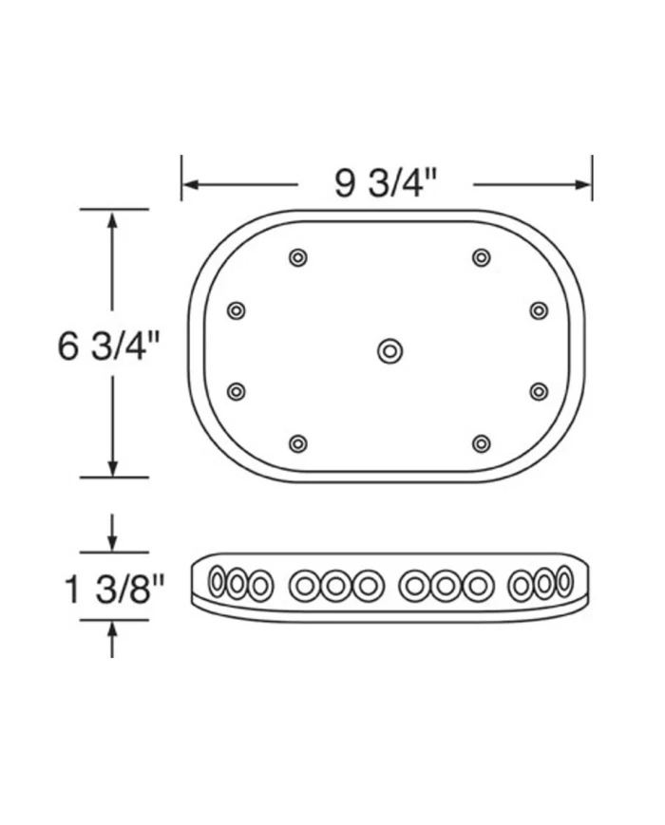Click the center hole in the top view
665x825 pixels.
pyautogui.click(x=389, y=351)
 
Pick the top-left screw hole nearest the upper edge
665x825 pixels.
pyautogui.click(x=298, y=257)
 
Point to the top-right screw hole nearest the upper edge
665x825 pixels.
pyautogui.click(x=482, y=257)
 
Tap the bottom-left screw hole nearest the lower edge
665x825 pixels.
pyautogui.click(x=298, y=443)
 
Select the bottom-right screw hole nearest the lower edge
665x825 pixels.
pyautogui.click(x=482, y=443)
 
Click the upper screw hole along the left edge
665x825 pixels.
pyautogui.click(x=237, y=310)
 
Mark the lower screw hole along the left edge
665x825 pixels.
pyautogui.click(x=237, y=391)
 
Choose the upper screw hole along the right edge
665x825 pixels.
pyautogui.click(x=539, y=310)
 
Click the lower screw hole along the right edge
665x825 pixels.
pyautogui.click(x=539, y=391)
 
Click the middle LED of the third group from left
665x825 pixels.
pyautogui.click(x=444, y=586)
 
